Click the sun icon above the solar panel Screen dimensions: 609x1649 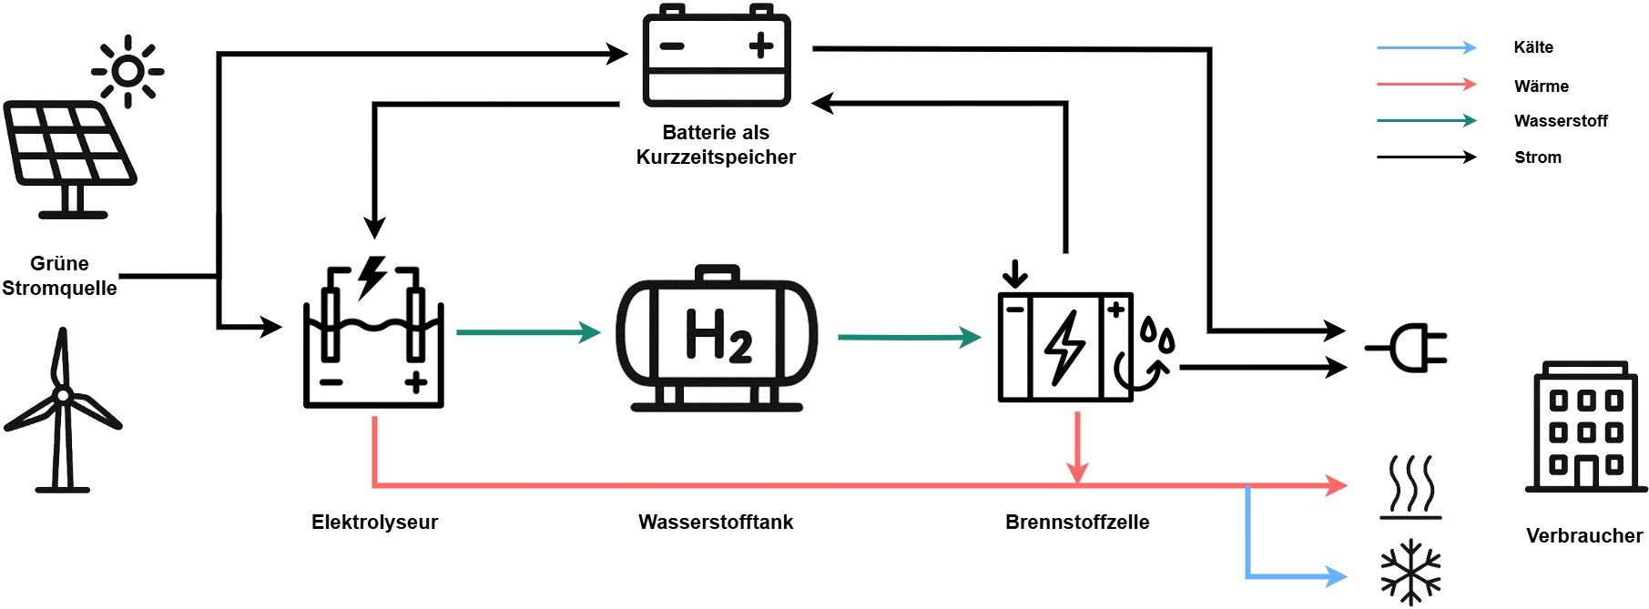click(x=127, y=71)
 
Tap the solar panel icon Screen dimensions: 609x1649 click(x=69, y=159)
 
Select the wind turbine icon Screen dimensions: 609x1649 click(x=62, y=410)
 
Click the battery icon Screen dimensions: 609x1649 click(x=717, y=56)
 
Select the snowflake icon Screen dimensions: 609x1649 click(x=1410, y=573)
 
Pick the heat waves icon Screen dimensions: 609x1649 click(x=1410, y=487)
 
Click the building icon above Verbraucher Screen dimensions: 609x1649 click(x=1586, y=428)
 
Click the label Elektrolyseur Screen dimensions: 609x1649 click(x=374, y=523)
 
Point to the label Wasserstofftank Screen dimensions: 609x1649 click(x=716, y=523)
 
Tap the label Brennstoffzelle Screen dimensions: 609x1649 click(x=1077, y=523)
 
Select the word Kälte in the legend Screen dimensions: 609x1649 click(x=1533, y=47)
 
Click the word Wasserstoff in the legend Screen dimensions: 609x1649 click(x=1561, y=121)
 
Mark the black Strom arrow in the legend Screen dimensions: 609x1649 click(x=1426, y=157)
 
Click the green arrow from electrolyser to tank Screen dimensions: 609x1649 click(x=528, y=332)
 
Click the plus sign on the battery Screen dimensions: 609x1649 click(x=760, y=46)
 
